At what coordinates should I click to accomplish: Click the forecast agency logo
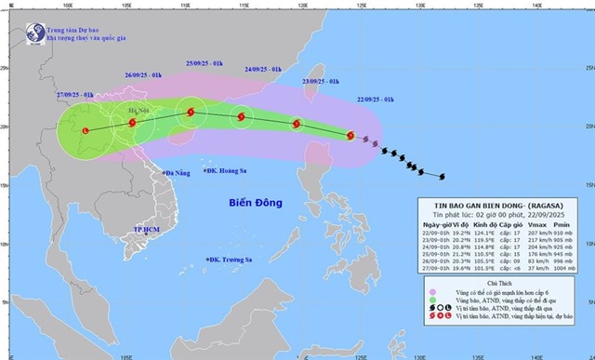34,32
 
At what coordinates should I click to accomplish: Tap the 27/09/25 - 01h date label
73,95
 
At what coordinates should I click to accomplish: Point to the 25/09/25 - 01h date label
204,62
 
